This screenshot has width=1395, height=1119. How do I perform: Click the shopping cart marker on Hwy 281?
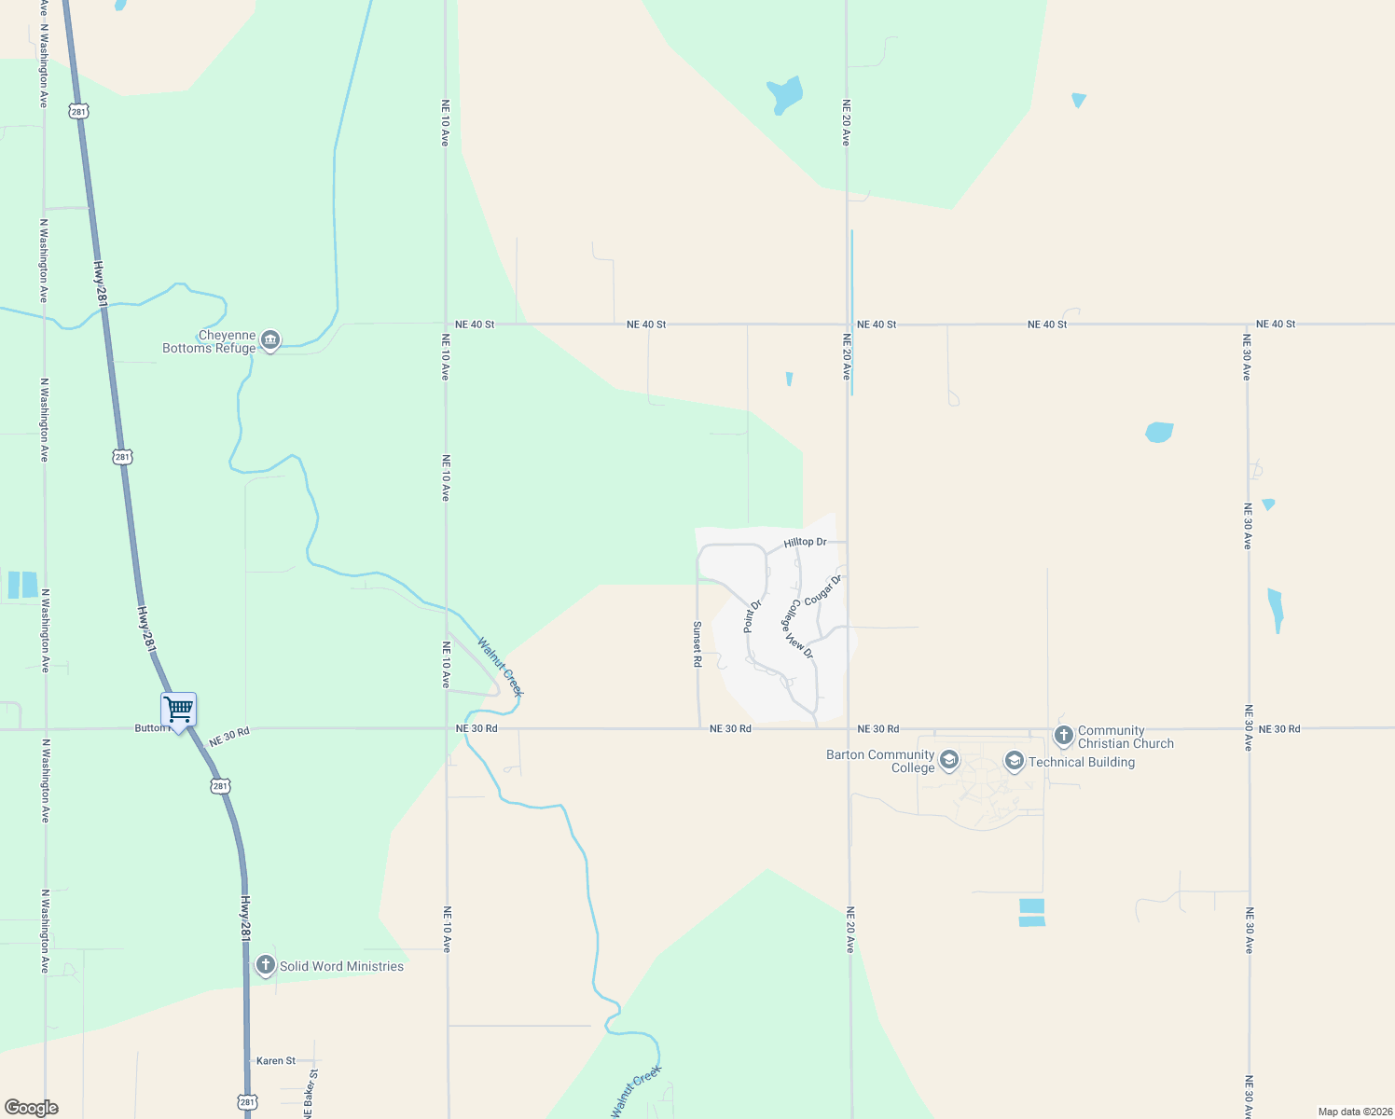(178, 710)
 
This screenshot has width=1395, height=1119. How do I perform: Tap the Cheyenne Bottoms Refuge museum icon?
(270, 340)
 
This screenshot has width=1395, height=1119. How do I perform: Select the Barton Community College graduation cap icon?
(948, 760)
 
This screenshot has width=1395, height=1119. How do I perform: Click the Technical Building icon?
(1014, 762)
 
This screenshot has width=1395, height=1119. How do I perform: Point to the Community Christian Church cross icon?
(1063, 736)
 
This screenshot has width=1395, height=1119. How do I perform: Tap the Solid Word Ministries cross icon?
(266, 965)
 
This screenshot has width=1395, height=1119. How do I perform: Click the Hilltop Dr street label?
(805, 542)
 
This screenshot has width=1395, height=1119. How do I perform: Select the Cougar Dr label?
(822, 590)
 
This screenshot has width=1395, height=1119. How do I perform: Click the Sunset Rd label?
(697, 644)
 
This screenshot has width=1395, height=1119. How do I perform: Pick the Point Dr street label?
(753, 616)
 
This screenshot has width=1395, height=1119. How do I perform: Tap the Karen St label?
(276, 1060)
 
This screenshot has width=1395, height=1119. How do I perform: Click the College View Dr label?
(797, 629)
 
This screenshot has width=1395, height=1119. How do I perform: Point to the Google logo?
(32, 1108)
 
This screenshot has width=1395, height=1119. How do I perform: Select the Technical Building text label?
(1082, 762)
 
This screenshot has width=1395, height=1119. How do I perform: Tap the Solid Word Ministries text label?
(341, 966)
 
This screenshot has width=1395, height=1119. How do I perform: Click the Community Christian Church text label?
(1126, 737)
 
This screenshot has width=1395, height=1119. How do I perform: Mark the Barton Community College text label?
(880, 761)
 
